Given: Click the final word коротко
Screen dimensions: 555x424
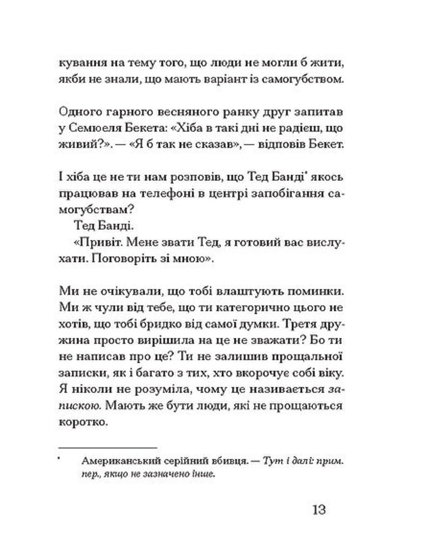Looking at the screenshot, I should [83, 422].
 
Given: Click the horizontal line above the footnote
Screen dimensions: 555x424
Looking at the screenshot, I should [108, 448].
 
